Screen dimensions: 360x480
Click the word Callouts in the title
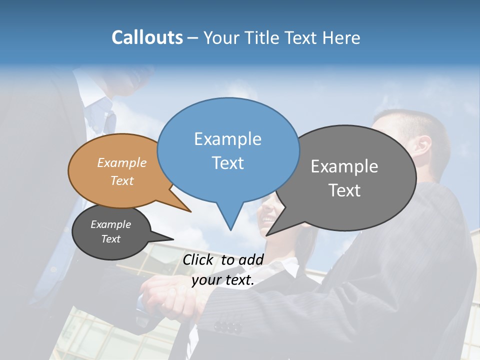[147, 37]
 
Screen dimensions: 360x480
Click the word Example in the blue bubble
[227, 139]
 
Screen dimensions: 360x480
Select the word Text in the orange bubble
[122, 180]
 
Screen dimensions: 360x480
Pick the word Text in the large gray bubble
[344, 190]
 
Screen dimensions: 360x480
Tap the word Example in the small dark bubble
[110, 224]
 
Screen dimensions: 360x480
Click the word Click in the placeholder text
[199, 259]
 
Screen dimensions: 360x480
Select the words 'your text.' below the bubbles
[223, 280]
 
